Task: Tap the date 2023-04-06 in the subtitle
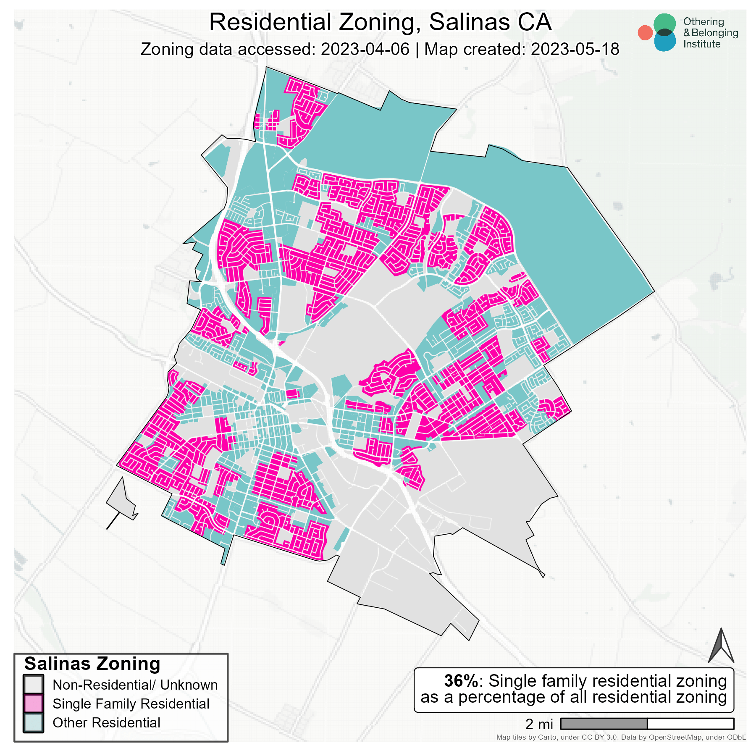pyautogui.click(x=365, y=50)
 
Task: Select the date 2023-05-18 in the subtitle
pyautogui.click(x=575, y=50)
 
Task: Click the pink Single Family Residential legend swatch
pyautogui.click(x=33, y=704)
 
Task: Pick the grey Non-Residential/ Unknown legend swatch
pyautogui.click(x=33, y=685)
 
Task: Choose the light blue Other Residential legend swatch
pyautogui.click(x=33, y=723)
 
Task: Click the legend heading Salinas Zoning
pyautogui.click(x=92, y=664)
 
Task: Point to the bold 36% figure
pyautogui.click(x=461, y=681)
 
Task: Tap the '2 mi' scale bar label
pyautogui.click(x=539, y=724)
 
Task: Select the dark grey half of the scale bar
pyautogui.click(x=604, y=724)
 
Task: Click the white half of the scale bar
pyautogui.click(x=690, y=724)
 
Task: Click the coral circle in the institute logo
pyautogui.click(x=645, y=33)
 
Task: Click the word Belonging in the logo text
pyautogui.click(x=714, y=33)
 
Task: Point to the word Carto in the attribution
pyautogui.click(x=547, y=737)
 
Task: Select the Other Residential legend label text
pyautogui.click(x=106, y=723)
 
